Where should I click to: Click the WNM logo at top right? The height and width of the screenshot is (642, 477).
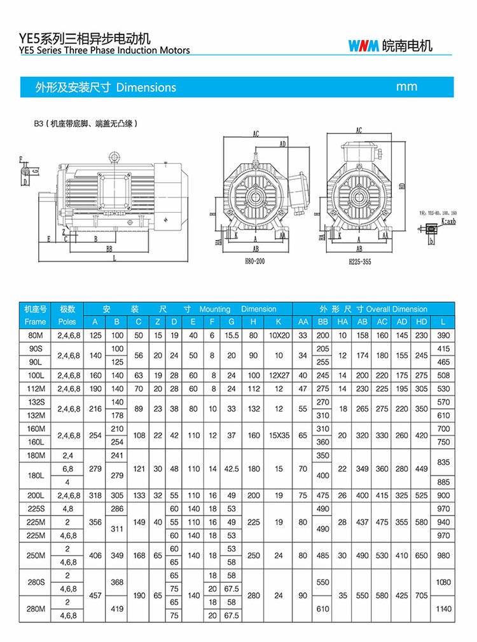click(364, 46)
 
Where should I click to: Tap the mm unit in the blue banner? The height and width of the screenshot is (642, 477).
click(407, 86)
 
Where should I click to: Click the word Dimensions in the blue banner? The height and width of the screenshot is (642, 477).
click(146, 87)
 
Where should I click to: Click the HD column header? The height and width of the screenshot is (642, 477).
click(422, 321)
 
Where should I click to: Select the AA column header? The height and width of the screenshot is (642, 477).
click(303, 321)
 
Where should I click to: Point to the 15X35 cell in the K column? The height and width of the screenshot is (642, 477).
click(279, 436)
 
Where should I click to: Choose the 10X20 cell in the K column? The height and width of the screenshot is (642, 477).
click(279, 335)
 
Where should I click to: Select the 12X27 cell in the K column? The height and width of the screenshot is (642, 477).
click(279, 375)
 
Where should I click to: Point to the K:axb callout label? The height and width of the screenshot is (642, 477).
click(449, 222)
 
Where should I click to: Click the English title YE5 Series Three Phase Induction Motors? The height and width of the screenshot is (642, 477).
click(105, 50)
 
